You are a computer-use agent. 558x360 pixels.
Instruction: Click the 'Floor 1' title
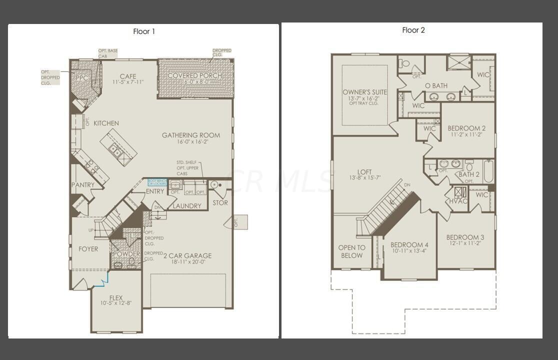click(144, 31)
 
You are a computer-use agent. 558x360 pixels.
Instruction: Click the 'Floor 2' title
click(413, 30)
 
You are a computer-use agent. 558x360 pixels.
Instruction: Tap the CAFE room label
click(128, 76)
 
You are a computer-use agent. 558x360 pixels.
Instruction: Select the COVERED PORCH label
click(194, 76)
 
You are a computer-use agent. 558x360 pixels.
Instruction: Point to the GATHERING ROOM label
click(191, 135)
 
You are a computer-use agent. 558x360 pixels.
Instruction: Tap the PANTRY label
click(83, 185)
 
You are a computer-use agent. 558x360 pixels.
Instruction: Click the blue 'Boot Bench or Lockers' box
click(156, 182)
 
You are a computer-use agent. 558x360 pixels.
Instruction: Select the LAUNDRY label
click(187, 205)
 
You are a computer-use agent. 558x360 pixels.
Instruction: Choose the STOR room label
click(220, 202)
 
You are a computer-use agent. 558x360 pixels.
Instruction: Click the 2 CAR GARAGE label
click(187, 255)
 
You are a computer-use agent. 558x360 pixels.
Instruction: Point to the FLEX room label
click(115, 298)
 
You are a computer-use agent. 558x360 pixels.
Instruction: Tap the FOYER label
click(88, 249)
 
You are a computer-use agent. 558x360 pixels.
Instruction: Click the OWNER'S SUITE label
click(365, 92)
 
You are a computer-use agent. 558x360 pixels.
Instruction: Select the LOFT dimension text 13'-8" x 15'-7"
click(365, 178)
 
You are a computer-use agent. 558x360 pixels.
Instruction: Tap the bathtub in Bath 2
click(488, 170)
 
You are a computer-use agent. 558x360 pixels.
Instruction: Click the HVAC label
click(458, 200)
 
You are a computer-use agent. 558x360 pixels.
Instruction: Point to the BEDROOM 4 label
click(409, 244)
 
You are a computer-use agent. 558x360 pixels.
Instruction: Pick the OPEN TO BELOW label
click(352, 251)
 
